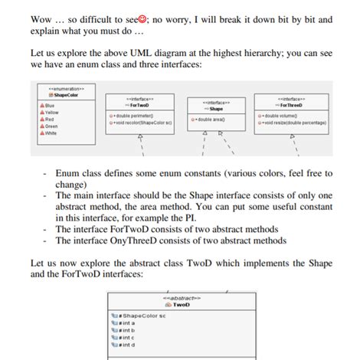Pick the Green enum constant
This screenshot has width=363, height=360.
[48, 126]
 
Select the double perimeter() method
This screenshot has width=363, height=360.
[139, 114]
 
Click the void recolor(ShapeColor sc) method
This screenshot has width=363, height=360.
[143, 121]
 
